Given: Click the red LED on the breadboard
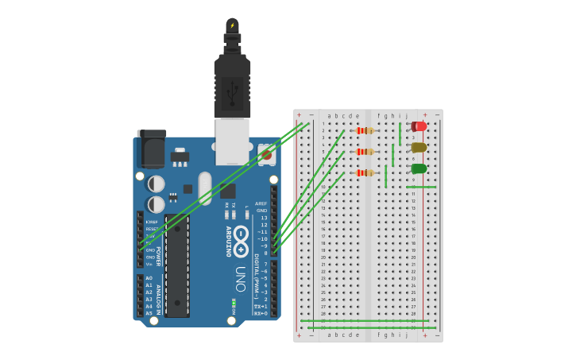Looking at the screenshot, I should [419, 126].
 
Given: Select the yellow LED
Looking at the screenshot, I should [419, 147].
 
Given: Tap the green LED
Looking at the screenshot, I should [419, 168].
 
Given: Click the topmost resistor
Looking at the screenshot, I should [365, 130].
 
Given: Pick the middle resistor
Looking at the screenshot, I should [365, 152].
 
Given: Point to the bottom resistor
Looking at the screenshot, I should [365, 172].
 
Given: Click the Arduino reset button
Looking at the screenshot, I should [266, 153].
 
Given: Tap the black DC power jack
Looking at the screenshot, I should [152, 149].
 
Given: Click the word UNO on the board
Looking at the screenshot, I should [241, 278].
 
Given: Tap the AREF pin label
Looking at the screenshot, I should [261, 203].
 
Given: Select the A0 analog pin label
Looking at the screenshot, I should [149, 278].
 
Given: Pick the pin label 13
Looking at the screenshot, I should [264, 218].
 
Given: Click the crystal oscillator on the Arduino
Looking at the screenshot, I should [205, 188].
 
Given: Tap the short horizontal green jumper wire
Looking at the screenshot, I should [421, 187].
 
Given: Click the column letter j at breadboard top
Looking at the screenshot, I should [406, 115].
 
